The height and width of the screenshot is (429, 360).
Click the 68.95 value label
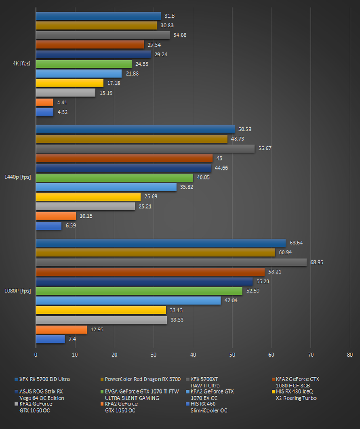point(317,262)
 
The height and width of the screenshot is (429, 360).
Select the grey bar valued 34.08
point(103,35)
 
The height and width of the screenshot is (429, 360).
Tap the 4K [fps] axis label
point(21,64)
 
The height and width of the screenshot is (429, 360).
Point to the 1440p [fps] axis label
point(18,177)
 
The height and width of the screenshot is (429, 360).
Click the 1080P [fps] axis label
point(18,291)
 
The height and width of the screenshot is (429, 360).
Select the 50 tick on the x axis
point(232,355)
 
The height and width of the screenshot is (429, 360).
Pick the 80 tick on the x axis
point(350,355)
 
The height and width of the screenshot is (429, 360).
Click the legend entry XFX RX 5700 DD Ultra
point(44,379)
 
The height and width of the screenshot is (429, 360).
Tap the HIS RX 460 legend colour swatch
point(188,404)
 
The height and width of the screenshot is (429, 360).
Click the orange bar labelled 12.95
point(61,329)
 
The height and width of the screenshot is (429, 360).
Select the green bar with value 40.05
point(114,177)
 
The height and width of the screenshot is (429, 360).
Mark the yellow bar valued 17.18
point(69,83)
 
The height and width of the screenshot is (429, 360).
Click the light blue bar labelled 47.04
point(128,300)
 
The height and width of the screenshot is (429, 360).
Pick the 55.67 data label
point(265,149)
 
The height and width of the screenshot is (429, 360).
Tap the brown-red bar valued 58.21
point(150,272)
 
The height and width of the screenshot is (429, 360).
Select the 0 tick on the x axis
point(36,355)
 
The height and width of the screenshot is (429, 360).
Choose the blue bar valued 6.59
point(49,226)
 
